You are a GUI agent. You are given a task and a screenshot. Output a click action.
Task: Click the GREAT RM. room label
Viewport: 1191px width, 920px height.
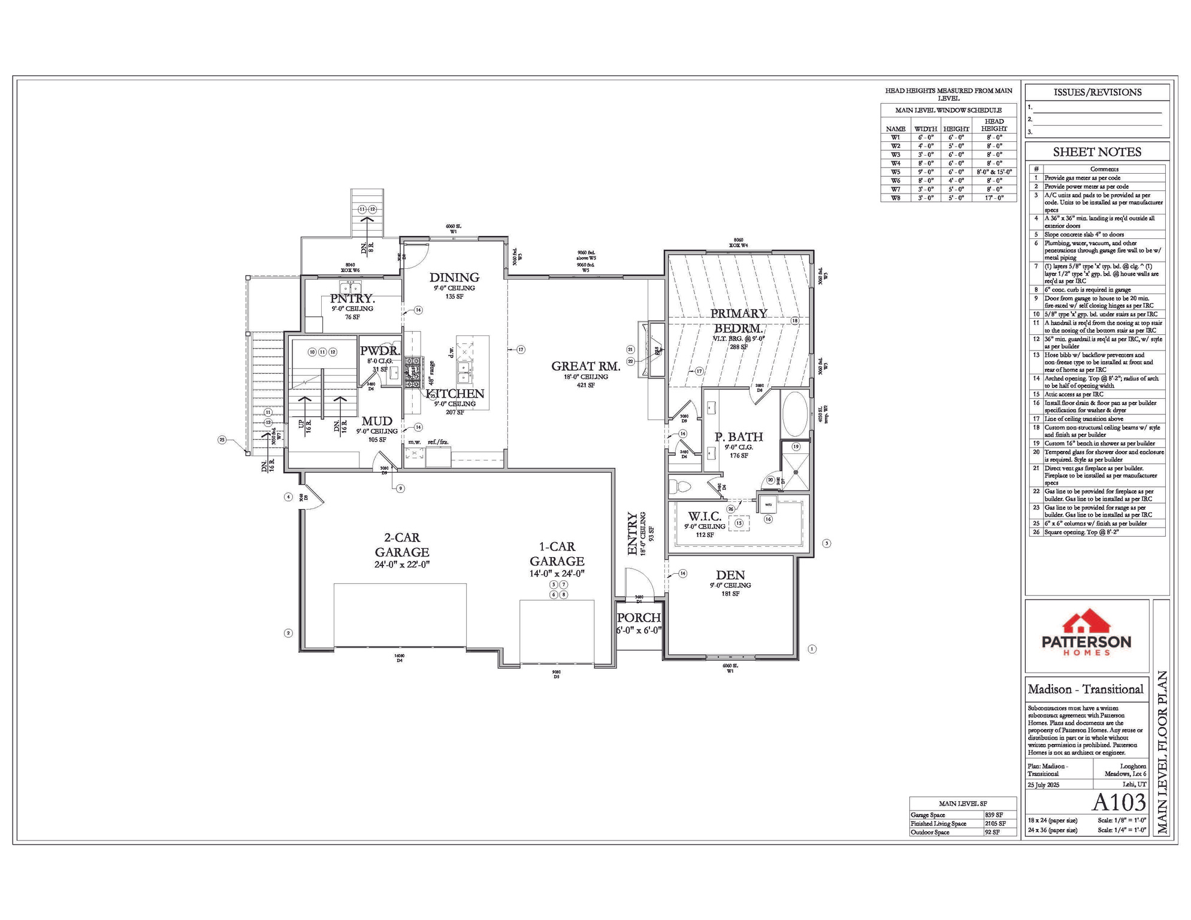[x=585, y=366]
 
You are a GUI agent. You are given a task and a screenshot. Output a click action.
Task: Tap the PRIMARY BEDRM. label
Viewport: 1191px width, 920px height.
[x=739, y=321]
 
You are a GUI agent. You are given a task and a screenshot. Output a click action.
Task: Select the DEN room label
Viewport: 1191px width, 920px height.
[x=730, y=575]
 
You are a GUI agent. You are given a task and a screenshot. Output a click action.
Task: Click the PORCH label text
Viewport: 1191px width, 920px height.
[x=639, y=618]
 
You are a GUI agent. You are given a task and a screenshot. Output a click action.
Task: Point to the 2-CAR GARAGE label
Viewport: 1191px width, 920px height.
[x=402, y=544]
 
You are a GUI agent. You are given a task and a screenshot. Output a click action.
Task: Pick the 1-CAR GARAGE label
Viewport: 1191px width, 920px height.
[x=557, y=553]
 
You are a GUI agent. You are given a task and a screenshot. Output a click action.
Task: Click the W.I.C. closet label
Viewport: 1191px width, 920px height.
[x=705, y=516]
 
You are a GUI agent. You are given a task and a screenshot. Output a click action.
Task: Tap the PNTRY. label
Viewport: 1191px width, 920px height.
[x=352, y=298]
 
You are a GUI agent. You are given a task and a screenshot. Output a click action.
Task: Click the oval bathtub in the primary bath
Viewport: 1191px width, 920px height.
[x=795, y=414]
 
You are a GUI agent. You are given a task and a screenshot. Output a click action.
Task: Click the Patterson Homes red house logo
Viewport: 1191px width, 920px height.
[x=1086, y=622]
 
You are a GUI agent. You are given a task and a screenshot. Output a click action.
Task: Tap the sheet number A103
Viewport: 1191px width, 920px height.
[x=1119, y=802]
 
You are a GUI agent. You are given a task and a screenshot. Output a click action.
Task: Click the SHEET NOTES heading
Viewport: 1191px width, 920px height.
[x=1097, y=152]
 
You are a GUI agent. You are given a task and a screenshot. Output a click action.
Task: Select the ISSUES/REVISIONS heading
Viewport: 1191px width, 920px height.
[x=1097, y=92]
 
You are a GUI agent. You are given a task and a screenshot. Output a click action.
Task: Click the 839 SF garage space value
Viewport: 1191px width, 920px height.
[x=994, y=815]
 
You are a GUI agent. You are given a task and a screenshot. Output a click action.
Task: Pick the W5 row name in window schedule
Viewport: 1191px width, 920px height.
[x=895, y=172]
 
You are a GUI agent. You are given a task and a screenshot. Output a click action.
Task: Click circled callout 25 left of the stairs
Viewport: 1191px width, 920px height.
[x=222, y=440]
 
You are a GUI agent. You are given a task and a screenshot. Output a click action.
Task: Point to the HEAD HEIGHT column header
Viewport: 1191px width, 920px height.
[x=994, y=125]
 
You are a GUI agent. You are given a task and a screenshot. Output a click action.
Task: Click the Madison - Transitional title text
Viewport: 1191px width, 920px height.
[x=1086, y=689]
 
